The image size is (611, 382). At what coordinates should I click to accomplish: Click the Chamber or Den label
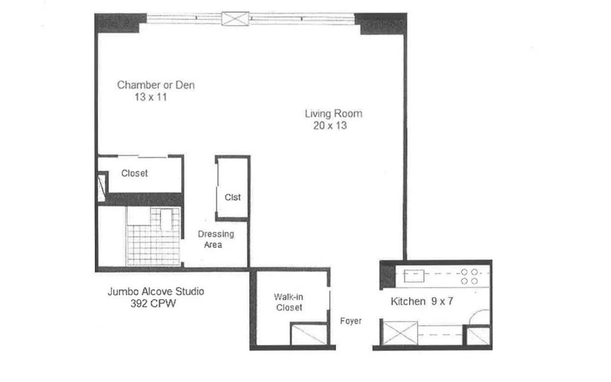[156, 85]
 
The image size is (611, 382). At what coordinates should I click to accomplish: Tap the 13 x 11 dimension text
[151, 97]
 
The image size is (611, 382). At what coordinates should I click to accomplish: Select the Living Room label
[334, 114]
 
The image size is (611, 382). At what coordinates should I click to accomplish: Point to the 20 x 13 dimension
[330, 125]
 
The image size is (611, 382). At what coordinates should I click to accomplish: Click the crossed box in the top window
[235, 18]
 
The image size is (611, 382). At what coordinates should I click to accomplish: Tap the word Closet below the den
[134, 173]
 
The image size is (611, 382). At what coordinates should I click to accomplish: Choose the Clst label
[233, 197]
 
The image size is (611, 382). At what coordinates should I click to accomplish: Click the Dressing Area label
[215, 239]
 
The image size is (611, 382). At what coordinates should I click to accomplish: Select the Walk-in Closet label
[289, 302]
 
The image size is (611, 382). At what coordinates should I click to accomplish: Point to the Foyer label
[351, 321]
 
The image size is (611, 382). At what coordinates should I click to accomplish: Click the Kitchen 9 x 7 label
[422, 301]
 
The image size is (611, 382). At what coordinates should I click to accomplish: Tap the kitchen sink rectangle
[414, 276]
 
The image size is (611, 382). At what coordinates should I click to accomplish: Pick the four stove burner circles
[469, 277]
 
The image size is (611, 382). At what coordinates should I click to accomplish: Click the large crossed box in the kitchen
[400, 333]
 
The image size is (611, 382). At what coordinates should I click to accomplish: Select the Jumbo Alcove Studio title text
[156, 291]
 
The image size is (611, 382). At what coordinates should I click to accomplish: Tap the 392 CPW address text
[153, 304]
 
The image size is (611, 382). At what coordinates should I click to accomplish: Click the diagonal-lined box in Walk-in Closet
[309, 334]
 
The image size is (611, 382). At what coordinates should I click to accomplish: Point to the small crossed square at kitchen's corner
[478, 336]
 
